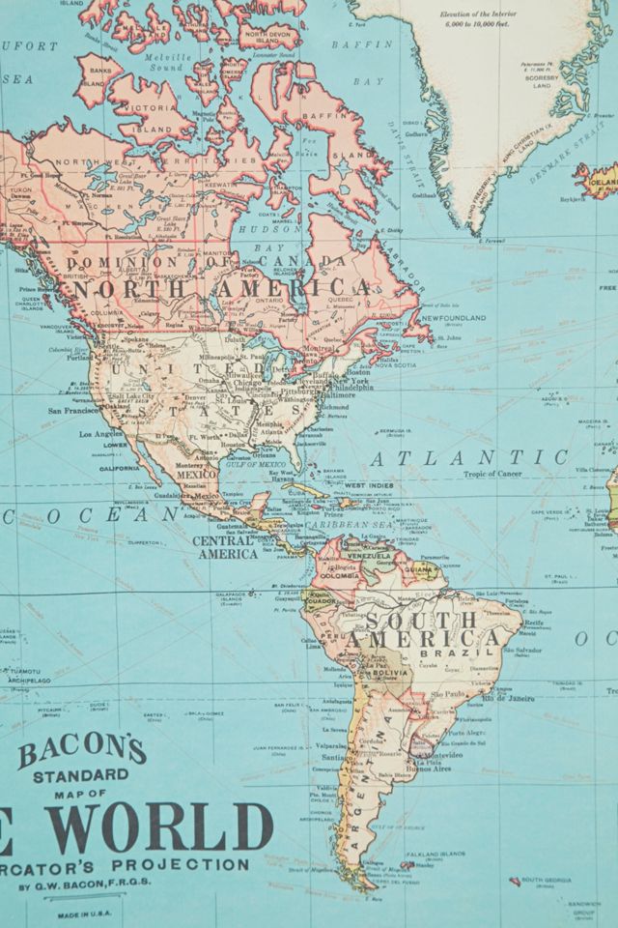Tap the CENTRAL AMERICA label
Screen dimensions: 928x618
click(x=225, y=547)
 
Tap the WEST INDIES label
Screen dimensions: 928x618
click(x=369, y=485)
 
